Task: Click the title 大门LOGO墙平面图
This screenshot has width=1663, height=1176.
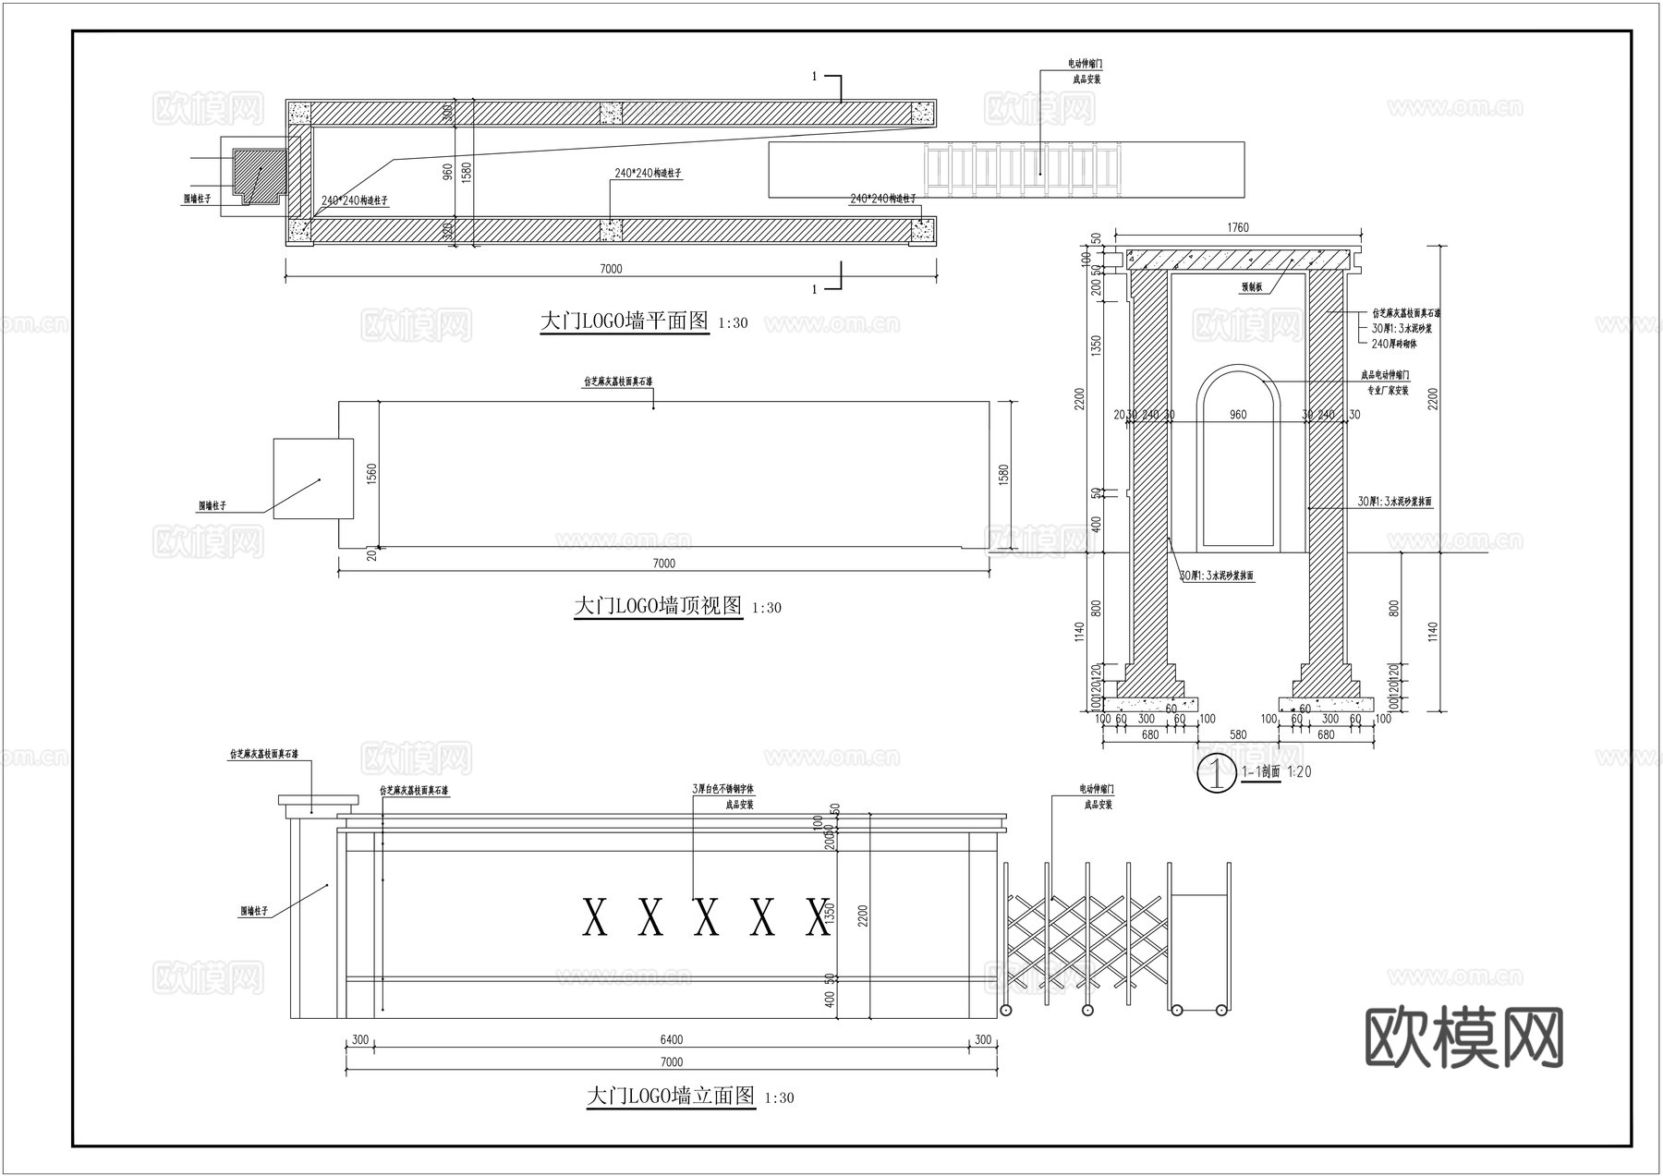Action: click(625, 321)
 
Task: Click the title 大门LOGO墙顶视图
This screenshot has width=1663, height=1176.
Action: click(658, 607)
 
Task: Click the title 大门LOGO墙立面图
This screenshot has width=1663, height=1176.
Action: click(671, 1097)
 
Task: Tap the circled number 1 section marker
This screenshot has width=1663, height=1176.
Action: click(1217, 773)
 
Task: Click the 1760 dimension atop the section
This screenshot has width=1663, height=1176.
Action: click(1237, 227)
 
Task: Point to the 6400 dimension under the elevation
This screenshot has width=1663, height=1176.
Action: click(672, 1040)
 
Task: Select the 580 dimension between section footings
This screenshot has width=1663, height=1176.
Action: click(1238, 735)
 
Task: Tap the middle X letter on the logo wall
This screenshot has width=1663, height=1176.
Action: click(706, 917)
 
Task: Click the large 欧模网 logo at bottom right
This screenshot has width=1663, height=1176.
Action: click(1463, 1037)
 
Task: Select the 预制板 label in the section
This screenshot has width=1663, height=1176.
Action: click(1252, 287)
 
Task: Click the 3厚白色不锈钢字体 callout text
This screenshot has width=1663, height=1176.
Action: click(723, 790)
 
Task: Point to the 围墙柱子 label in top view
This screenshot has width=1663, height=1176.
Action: click(212, 506)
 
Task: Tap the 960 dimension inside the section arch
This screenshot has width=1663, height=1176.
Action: click(1238, 415)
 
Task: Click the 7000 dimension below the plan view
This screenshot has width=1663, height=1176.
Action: click(611, 269)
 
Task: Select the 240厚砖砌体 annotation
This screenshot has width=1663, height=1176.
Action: click(1393, 344)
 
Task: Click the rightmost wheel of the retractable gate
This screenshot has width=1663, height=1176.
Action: click(1221, 1010)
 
